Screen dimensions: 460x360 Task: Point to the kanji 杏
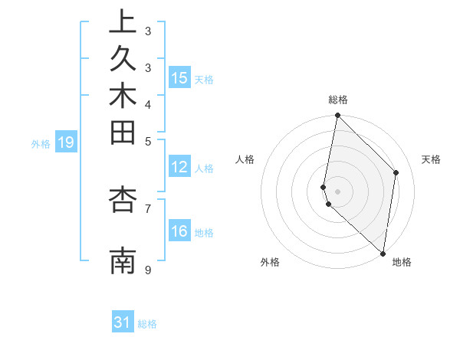[123, 199]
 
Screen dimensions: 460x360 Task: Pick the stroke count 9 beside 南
[148, 270]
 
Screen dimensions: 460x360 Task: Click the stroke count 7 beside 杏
[148, 208]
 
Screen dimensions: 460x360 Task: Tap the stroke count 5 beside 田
[148, 141]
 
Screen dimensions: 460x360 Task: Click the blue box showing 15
[179, 78]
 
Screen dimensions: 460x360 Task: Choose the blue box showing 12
[179, 168]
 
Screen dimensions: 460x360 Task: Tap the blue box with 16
[179, 232]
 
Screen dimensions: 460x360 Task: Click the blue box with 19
[66, 142]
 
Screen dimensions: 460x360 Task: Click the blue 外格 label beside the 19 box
[41, 143]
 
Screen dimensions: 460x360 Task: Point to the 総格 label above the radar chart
[338, 100]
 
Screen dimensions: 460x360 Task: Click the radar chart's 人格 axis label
[245, 159]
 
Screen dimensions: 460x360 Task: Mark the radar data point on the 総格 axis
[337, 116]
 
